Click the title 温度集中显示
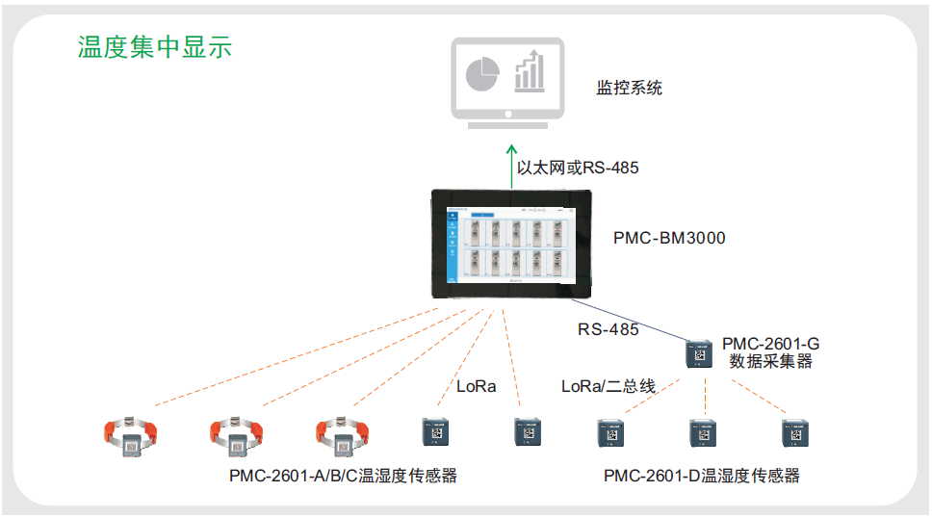pyautogui.click(x=154, y=47)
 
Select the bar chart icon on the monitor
pyautogui.click(x=529, y=71)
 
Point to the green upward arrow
pyautogui.click(x=511, y=164)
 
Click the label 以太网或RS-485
pyautogui.click(x=578, y=168)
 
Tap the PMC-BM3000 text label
pyautogui.click(x=669, y=237)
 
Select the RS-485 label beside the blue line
pyautogui.click(x=608, y=329)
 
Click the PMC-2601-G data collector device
pyautogui.click(x=698, y=353)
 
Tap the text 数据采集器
pyautogui.click(x=770, y=361)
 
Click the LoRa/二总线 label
pyautogui.click(x=608, y=386)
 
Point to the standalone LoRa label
pyautogui.click(x=476, y=386)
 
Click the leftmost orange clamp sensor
pyautogui.click(x=131, y=439)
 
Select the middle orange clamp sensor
pyautogui.click(x=237, y=439)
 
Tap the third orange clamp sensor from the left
pyautogui.click(x=343, y=439)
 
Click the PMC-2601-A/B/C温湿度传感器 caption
pyautogui.click(x=342, y=476)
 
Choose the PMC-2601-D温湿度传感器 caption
pyautogui.click(x=701, y=476)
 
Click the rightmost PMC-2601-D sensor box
pyautogui.click(x=794, y=434)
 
